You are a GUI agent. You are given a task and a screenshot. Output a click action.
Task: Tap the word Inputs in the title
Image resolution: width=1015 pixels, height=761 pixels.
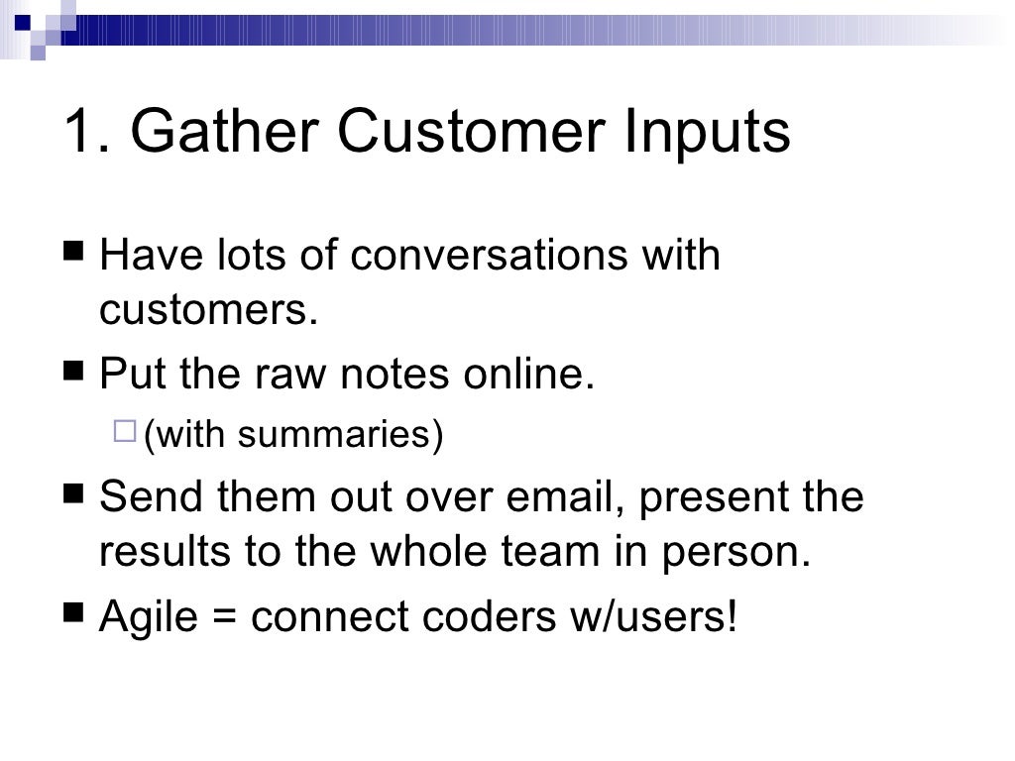tap(707, 131)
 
